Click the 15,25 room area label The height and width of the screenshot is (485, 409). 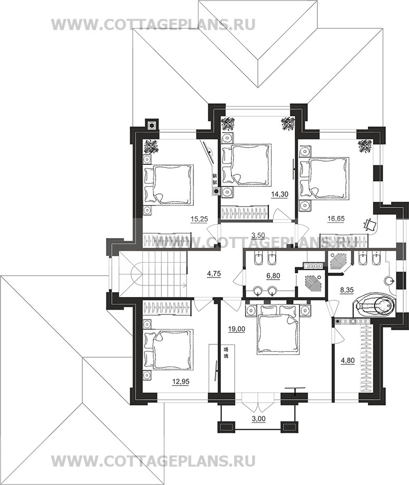click(199, 219)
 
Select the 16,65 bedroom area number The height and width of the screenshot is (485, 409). click(336, 219)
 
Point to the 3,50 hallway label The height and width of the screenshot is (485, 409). click(258, 235)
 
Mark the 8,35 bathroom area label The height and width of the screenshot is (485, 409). click(347, 291)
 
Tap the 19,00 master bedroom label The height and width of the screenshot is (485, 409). click(237, 329)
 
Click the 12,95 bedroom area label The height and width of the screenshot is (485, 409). click(181, 382)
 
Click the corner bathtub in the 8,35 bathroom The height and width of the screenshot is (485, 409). click(375, 305)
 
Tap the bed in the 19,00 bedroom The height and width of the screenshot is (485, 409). click(278, 329)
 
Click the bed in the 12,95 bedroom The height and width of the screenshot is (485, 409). click(169, 349)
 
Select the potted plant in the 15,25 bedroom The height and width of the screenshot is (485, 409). click(151, 146)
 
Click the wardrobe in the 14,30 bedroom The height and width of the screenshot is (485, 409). click(245, 213)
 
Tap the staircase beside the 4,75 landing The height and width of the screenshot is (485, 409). click(153, 274)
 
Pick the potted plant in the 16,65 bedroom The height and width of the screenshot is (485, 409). click(365, 146)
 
